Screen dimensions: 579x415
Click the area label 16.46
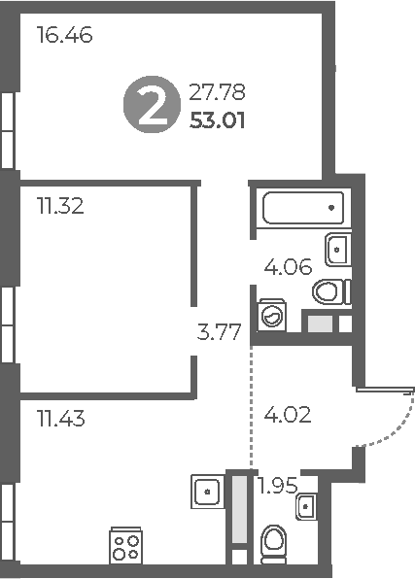click(64, 37)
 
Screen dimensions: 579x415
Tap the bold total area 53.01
click(220, 121)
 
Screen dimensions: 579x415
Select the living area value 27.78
click(220, 93)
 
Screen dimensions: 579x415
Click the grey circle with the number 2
click(151, 106)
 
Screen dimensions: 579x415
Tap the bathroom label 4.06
click(289, 266)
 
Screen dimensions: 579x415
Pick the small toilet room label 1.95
click(277, 485)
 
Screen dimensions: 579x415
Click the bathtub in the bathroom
click(302, 207)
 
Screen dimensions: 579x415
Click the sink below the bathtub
click(337, 249)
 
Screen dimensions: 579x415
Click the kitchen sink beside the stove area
click(207, 491)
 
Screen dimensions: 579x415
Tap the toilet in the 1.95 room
click(275, 544)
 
